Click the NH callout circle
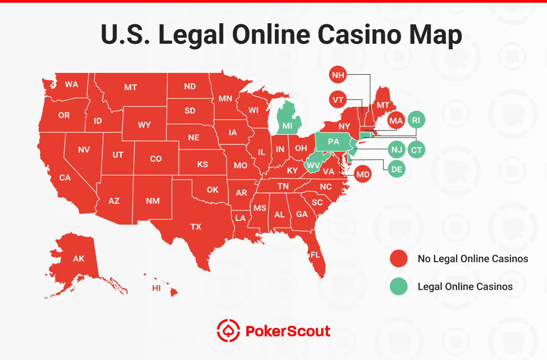pos(338,76)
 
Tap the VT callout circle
pos(338,99)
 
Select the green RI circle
pos(416,120)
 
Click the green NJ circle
pos(396,149)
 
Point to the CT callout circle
pos(416,149)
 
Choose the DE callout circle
pos(396,169)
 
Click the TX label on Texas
pos(196,226)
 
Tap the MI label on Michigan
pos(287,125)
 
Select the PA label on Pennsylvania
pos(334,142)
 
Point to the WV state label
pos(312,165)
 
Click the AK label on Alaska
pos(78,259)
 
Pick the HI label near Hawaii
pos(156,288)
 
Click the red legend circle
pos(398,259)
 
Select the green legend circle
pos(398,287)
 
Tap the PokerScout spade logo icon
pos(227,330)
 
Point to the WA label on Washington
pos(71,84)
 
